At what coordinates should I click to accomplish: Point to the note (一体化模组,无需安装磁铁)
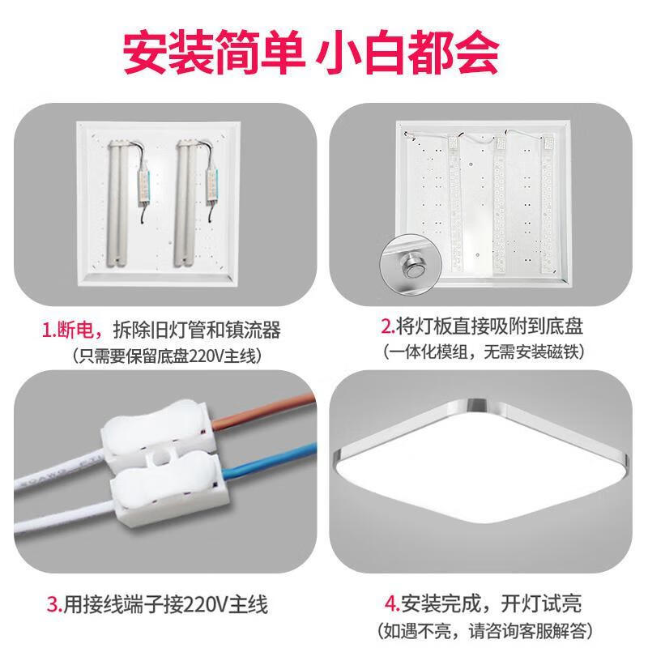(x=483, y=352)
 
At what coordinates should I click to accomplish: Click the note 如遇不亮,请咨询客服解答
(x=483, y=629)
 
